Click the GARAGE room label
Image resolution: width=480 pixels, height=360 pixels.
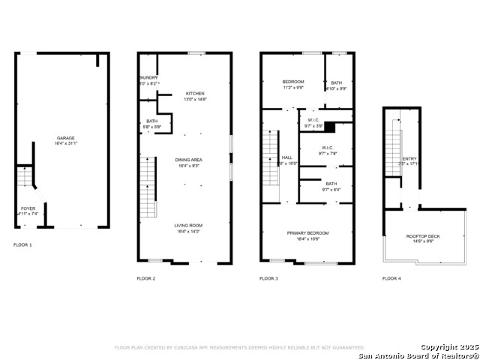[x=66, y=138]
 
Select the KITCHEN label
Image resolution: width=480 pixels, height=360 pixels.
[x=184, y=94]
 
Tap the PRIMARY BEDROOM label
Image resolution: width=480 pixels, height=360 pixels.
[x=307, y=233]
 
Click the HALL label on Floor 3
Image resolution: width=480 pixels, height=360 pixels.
[x=287, y=157]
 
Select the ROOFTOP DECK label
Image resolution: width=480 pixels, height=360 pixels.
[x=423, y=236]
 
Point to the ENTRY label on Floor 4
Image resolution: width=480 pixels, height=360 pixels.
[x=409, y=159]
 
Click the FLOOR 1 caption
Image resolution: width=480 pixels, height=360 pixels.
[x=23, y=245]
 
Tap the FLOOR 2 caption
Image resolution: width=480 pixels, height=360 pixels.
[x=146, y=278]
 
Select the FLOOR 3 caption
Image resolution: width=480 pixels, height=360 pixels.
[x=268, y=278]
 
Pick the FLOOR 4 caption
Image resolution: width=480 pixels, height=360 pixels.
[x=391, y=278]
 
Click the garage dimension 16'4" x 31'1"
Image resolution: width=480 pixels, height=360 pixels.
[x=66, y=144]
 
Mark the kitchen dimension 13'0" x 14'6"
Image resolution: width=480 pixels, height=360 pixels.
[x=184, y=100]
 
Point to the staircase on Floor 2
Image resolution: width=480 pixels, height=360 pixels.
[x=148, y=187]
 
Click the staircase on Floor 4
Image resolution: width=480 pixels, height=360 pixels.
[x=393, y=152]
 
